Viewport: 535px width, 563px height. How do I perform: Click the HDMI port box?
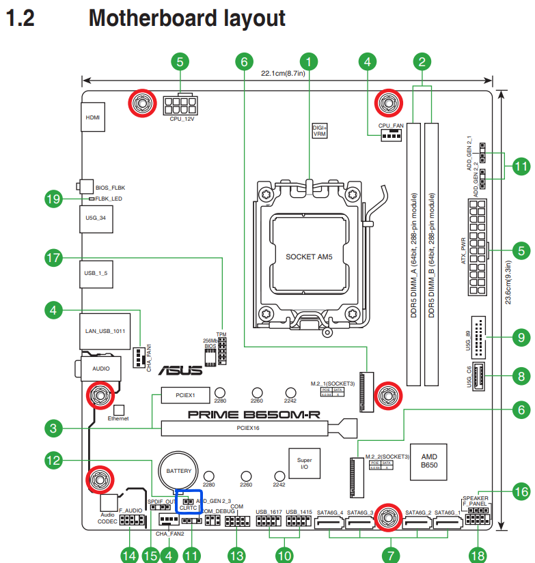tap(92, 117)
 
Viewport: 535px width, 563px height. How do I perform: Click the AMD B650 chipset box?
tap(429, 459)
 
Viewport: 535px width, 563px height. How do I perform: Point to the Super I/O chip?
tap(305, 464)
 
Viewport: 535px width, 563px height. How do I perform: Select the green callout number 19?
tap(53, 199)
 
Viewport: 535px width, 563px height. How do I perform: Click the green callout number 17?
tap(53, 258)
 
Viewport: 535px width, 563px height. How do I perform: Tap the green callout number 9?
tap(522, 336)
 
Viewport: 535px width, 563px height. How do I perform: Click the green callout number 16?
tap(522, 491)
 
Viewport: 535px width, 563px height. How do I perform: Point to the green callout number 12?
tap(53, 459)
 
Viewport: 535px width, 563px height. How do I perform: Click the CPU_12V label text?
tap(182, 119)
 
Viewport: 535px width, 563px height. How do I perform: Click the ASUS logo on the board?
tap(180, 371)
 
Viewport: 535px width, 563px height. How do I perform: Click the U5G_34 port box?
tap(92, 218)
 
